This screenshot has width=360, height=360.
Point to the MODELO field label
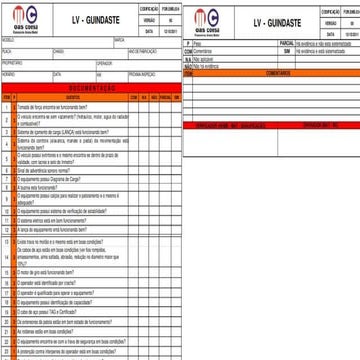pyautogui.click(x=8, y=40)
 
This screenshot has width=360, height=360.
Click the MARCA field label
pyautogui.click(x=119, y=40)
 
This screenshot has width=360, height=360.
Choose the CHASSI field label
pyautogui.click(x=58, y=49)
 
